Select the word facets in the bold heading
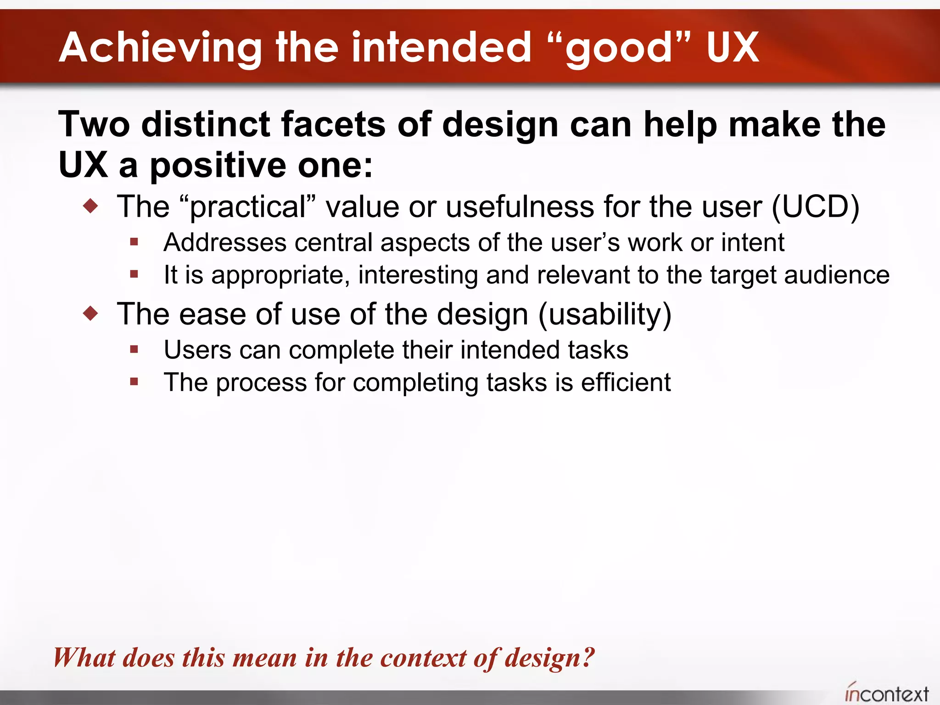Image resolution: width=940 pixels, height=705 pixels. pyautogui.click(x=333, y=124)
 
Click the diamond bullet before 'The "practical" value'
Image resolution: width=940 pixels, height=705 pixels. pyautogui.click(x=91, y=206)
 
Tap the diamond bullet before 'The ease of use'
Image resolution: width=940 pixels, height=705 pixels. pyautogui.click(x=91, y=313)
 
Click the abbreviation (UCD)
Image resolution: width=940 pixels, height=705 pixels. pyautogui.click(x=816, y=207)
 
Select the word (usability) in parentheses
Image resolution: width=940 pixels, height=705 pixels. pyautogui.click(x=604, y=315)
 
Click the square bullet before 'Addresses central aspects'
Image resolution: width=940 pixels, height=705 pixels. pyautogui.click(x=134, y=242)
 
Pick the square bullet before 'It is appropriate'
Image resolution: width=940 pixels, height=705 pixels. pyautogui.click(x=134, y=274)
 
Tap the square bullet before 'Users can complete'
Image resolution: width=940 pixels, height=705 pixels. pyautogui.click(x=134, y=350)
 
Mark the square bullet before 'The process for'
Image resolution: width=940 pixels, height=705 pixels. pyautogui.click(x=134, y=382)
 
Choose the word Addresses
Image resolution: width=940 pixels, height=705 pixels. pyautogui.click(x=225, y=242)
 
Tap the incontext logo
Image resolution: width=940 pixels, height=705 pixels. pyautogui.click(x=887, y=693)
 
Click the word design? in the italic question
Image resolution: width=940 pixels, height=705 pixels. pyautogui.click(x=550, y=658)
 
